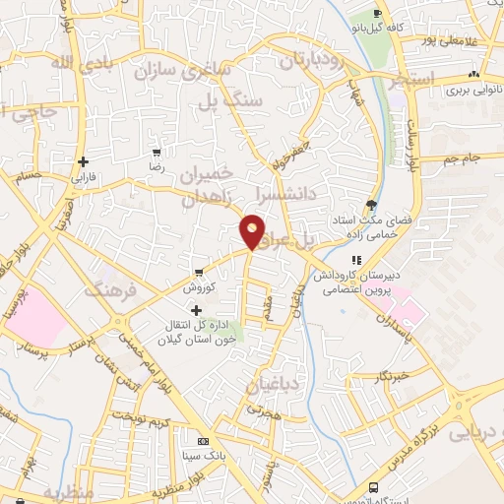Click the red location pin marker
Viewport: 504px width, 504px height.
253,230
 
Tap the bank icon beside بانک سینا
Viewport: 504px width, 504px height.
204,441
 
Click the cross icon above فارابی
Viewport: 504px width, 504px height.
84,162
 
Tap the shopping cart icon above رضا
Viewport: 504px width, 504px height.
157,154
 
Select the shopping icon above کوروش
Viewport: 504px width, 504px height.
199,272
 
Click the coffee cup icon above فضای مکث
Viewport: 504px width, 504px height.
371,204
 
